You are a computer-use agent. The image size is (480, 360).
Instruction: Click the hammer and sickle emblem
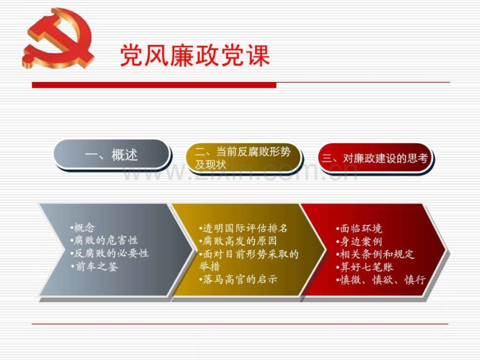coord(57,38)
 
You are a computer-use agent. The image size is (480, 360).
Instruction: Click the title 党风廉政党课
coord(195,55)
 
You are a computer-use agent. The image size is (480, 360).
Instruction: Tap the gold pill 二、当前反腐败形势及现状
coord(244,158)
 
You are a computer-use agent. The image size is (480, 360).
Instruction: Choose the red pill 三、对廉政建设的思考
coord(375,158)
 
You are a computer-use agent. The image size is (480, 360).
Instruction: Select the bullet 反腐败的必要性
coord(110,253)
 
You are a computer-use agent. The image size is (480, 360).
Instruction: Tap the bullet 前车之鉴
coord(94,266)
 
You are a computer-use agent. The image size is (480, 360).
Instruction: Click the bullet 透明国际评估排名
coord(243,228)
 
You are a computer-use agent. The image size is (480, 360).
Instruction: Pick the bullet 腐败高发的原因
coord(238,241)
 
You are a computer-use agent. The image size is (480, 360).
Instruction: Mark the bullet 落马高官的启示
coord(238,279)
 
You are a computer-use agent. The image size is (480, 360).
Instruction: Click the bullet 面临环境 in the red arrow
coord(359,229)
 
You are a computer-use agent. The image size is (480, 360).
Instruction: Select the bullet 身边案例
coord(359,242)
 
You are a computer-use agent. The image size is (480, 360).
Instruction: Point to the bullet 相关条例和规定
coord(375,254)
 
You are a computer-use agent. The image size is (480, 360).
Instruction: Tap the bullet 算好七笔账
coord(365,267)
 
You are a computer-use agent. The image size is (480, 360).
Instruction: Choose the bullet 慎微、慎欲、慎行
coord(381,280)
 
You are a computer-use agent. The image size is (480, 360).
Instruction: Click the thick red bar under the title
coord(154,85)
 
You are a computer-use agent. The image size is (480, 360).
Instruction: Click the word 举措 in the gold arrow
coord(210,266)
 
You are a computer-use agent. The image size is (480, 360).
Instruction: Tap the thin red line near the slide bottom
coord(240,323)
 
